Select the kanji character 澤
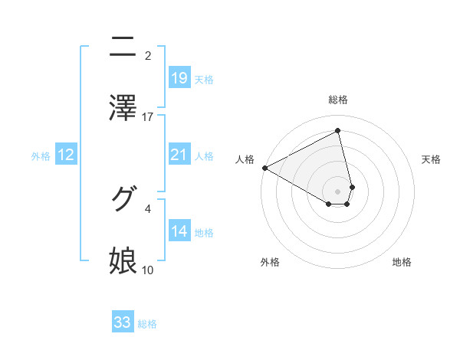[123, 107]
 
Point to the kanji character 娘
[123, 260]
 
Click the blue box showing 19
[179, 78]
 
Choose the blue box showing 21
[179, 155]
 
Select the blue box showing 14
[179, 231]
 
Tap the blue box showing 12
[66, 155]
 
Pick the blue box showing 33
[123, 322]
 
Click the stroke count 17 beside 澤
[148, 116]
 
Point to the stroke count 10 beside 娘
[148, 270]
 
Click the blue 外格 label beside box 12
[41, 156]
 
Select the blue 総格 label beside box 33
[147, 324]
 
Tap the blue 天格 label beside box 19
[204, 80]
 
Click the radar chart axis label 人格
[245, 159]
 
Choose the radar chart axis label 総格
[338, 100]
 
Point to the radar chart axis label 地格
[402, 262]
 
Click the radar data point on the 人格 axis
[264, 168]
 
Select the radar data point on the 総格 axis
[338, 130]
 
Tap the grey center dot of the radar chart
[338, 191]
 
